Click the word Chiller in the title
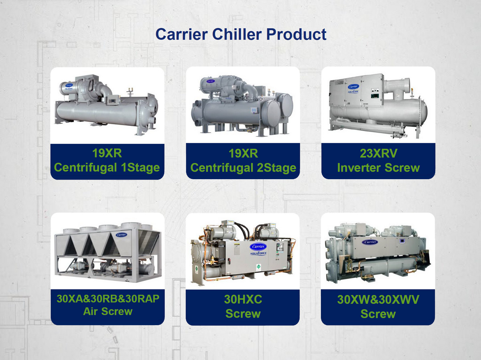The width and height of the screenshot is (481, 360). coord(237,34)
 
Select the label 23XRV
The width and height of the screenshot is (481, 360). coord(379,153)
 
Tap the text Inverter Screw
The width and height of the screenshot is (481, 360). coord(379,168)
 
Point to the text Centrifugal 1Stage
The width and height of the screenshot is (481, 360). coord(107,168)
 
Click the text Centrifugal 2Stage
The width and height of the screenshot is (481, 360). coord(243,168)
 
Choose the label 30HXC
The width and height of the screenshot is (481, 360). coord(243,299)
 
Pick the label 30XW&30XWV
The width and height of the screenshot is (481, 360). coord(378,299)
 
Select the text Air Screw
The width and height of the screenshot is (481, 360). coord(108,311)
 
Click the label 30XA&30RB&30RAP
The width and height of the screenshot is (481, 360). coord(108,298)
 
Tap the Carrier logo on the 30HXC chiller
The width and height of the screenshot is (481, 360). coord(258,246)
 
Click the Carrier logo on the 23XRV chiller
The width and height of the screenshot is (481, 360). coord(353,87)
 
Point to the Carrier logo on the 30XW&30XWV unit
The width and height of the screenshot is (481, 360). coord(370,242)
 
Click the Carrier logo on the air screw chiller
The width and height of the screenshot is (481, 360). coord(122,235)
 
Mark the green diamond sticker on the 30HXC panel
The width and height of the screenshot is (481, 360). coord(258,267)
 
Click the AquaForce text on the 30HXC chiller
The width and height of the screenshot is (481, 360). coord(258,253)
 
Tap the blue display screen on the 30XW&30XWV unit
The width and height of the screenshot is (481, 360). coord(402,241)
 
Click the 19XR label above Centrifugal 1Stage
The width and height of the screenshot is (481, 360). coord(107,153)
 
